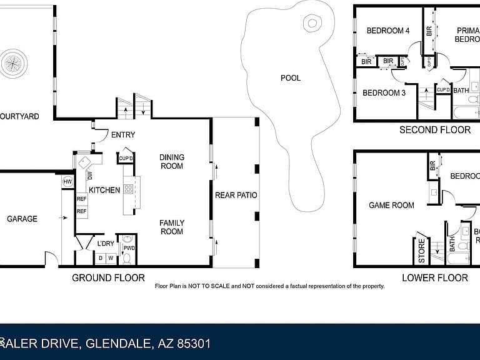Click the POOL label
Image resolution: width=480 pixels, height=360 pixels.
tap(290, 78)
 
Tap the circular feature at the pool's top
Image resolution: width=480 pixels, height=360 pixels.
tap(311, 24)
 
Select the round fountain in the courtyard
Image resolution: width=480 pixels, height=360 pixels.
tap(13, 63)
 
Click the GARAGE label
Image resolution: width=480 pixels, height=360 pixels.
tap(22, 219)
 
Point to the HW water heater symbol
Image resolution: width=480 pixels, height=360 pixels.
tap(67, 182)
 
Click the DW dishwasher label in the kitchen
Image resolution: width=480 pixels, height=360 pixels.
tap(90, 175)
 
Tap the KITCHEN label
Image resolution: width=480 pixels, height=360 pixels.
tap(104, 190)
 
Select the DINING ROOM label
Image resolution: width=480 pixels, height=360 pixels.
tap(171, 162)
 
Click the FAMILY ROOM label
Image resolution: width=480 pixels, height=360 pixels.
tap(171, 227)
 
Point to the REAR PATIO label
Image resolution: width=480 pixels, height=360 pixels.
tap(236, 195)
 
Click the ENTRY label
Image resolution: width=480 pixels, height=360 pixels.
tap(122, 135)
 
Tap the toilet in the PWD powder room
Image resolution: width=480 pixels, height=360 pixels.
tap(127, 257)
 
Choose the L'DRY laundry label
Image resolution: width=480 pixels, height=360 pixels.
tap(105, 244)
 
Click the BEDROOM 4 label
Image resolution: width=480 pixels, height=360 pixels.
tap(387, 30)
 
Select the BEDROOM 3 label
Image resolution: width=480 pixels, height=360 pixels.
tap(384, 93)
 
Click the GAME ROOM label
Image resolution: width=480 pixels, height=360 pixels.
tap(391, 205)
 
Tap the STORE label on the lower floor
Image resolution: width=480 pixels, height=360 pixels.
tap(422, 251)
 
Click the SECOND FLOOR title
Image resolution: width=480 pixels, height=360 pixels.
tap(435, 130)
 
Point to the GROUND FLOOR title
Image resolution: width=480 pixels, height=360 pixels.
tap(108, 277)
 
